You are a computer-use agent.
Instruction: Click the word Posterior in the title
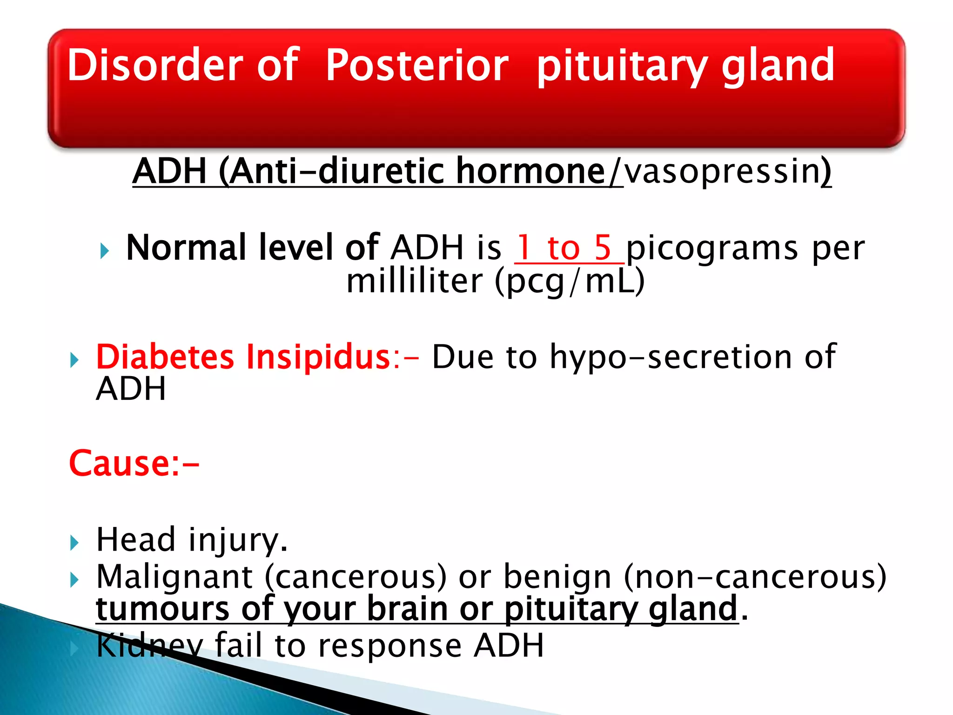tap(416, 66)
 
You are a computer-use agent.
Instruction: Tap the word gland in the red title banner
tap(778, 66)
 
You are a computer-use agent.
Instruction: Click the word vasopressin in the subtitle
tap(721, 171)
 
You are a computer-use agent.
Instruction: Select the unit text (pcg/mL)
tap(570, 282)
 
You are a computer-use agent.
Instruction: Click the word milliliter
tap(415, 281)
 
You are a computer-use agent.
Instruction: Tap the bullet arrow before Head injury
tap(74, 543)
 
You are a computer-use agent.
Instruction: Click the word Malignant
tap(174, 577)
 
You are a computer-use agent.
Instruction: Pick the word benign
tap(557, 577)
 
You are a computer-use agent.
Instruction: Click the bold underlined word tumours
tap(162, 608)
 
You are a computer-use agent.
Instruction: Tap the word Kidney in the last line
tap(149, 646)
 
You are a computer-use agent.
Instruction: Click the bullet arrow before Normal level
tap(105, 252)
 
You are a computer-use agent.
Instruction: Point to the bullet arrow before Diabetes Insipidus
tap(74, 360)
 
